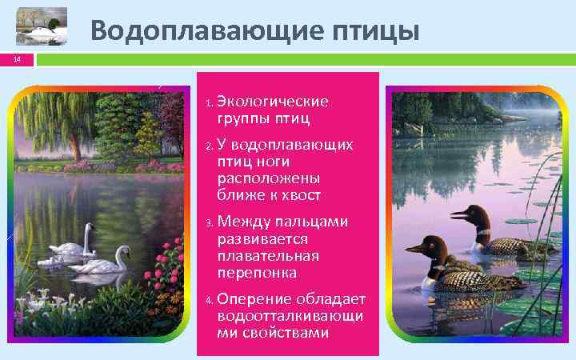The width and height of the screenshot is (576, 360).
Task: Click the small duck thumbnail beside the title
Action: click(41, 30)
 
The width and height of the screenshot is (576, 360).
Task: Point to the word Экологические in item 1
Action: click(272, 102)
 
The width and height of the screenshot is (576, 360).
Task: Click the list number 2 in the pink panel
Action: click(208, 146)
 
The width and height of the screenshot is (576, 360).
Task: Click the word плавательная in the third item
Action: click(268, 255)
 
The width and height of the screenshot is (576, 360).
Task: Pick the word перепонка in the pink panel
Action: click(256, 272)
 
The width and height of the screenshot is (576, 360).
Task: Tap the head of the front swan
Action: click(124, 250)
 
